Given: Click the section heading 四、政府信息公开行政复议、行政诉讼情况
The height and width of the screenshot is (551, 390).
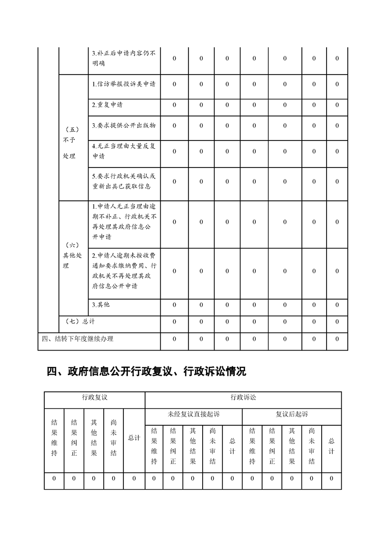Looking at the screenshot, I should click(x=146, y=372).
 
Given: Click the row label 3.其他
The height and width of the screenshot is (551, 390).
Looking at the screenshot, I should click(x=101, y=305).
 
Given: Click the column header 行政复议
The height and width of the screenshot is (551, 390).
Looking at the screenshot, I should click(x=94, y=397).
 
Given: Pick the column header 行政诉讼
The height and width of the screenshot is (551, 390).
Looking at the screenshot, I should click(x=243, y=397).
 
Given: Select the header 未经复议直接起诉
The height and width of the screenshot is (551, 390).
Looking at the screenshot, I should click(x=193, y=414).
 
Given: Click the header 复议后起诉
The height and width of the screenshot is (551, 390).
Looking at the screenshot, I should click(x=292, y=414).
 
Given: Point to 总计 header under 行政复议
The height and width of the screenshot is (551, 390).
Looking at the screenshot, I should click(x=134, y=438).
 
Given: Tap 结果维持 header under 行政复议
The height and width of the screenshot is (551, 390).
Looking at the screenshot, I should click(x=54, y=438).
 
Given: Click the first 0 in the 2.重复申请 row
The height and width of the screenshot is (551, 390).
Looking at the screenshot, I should click(x=174, y=105).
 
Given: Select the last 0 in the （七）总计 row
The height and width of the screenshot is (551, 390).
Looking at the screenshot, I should click(x=337, y=322).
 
